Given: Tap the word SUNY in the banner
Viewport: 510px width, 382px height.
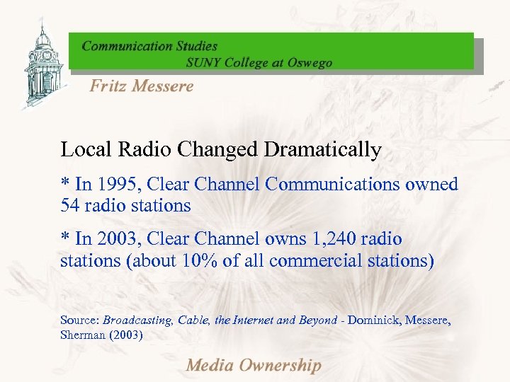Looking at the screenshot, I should coord(204,62).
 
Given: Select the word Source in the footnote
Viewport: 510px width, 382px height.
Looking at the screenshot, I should coord(79,320).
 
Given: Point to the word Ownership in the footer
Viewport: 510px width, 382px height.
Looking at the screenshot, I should coord(279,366).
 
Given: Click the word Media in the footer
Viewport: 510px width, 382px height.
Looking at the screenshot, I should coord(209,366).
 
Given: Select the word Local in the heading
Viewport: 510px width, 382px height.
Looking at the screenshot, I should coord(81,150).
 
